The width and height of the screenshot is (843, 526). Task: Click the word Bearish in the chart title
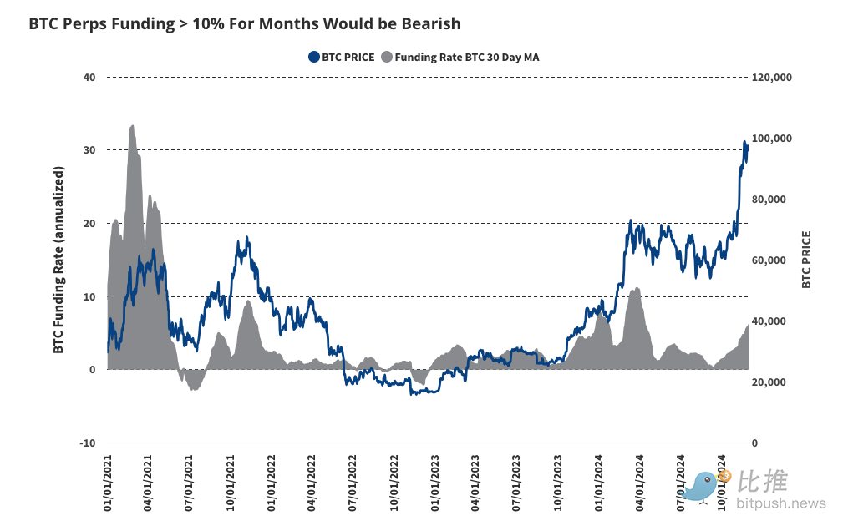pos(430,24)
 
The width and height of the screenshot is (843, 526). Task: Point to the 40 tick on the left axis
pos(89,78)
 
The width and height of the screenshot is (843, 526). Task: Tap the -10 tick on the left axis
pos(86,443)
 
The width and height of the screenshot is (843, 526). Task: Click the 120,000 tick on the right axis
pos(771,78)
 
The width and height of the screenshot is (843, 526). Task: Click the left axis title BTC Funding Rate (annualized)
pos(58,260)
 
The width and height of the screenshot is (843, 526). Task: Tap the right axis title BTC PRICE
pos(806,260)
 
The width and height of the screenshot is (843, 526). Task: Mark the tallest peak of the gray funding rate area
pos(133,127)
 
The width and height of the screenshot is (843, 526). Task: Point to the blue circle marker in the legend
pos(314,58)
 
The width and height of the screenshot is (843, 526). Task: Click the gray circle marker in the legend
pos(386,58)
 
